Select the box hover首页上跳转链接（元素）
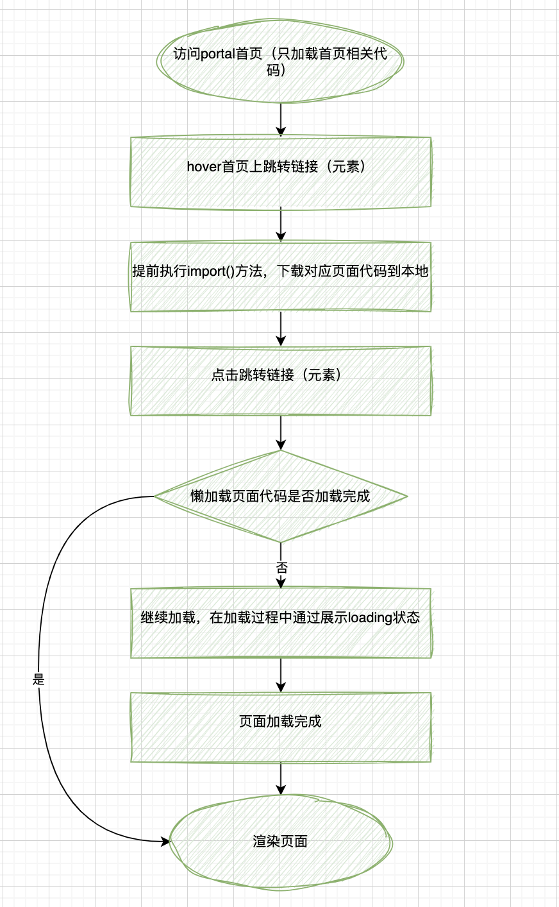click(280, 172)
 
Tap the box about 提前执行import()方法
click(280, 277)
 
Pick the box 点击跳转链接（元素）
click(280, 381)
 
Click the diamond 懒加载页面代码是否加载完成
click(280, 496)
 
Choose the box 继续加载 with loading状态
click(280, 623)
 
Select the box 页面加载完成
click(280, 727)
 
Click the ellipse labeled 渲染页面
click(280, 841)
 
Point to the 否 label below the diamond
click(281, 568)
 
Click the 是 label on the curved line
click(38, 679)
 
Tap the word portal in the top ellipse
click(218, 54)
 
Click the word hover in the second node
click(203, 167)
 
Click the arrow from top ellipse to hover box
click(281, 119)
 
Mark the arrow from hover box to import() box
click(281, 225)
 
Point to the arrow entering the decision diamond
click(281, 433)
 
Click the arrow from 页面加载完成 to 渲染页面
click(281, 779)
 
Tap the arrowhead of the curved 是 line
click(165, 841)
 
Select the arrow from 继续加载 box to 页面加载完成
click(281, 675)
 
